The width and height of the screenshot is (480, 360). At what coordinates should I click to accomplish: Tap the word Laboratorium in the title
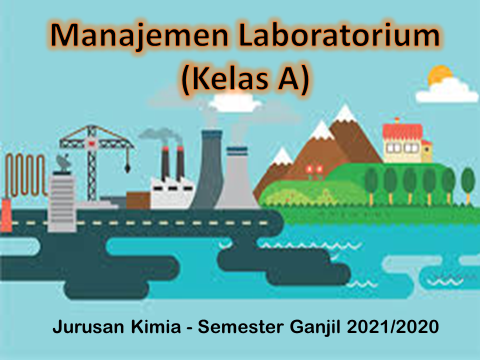click(340, 36)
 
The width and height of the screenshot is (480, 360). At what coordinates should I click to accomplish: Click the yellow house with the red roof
click(402, 142)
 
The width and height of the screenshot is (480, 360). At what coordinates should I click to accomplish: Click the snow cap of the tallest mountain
click(344, 114)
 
